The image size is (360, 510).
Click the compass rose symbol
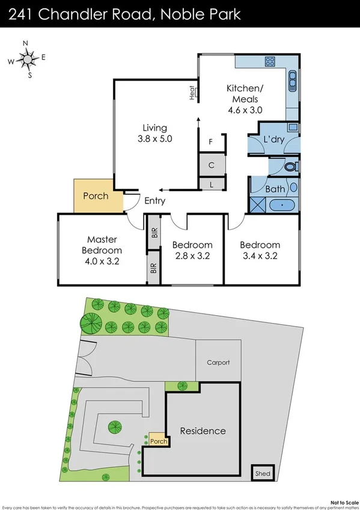tap(26, 59)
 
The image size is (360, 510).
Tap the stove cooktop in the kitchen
tap(270, 61)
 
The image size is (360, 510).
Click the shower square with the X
tap(257, 204)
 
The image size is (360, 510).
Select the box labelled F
tap(211, 142)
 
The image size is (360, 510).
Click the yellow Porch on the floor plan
tap(96, 196)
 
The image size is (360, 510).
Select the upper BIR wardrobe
tap(154, 232)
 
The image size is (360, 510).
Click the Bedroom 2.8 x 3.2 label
tap(192, 250)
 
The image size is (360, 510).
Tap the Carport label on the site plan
tap(218, 363)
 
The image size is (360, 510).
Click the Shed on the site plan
tap(261, 473)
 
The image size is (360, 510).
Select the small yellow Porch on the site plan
tap(158, 440)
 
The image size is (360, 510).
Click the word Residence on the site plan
tap(203, 431)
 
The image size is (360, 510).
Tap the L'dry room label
tap(273, 140)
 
